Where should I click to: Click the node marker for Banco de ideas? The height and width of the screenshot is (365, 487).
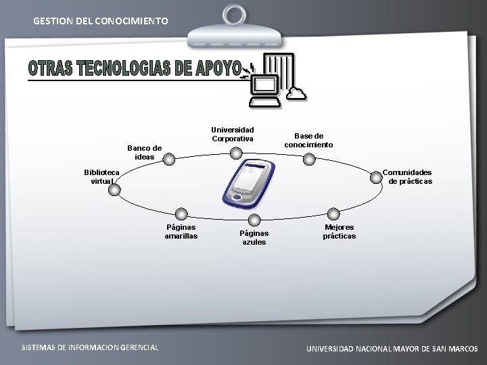(x=169, y=160)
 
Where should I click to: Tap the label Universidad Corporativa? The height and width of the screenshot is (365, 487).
(x=232, y=134)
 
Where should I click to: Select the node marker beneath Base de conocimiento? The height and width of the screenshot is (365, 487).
(x=308, y=160)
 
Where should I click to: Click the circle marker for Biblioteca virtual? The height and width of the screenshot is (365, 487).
(x=114, y=190)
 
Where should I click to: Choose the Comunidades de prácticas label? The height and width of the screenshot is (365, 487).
(x=407, y=176)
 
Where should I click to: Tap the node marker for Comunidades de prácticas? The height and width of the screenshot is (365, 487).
(x=374, y=176)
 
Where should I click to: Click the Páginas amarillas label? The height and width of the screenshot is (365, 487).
(x=181, y=232)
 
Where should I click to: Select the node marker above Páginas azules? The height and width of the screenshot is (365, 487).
(x=254, y=220)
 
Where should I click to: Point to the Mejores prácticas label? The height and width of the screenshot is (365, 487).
(x=339, y=232)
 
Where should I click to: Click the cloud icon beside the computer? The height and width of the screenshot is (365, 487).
(x=296, y=93)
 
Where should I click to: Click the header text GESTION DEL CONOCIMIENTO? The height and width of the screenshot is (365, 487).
(x=101, y=21)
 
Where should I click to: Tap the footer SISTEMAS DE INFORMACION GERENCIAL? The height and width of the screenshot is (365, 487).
(x=90, y=347)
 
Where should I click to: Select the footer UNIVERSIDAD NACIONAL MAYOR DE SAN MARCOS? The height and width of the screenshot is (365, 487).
(x=392, y=349)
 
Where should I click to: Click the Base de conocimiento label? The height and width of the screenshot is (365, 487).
(x=308, y=140)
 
